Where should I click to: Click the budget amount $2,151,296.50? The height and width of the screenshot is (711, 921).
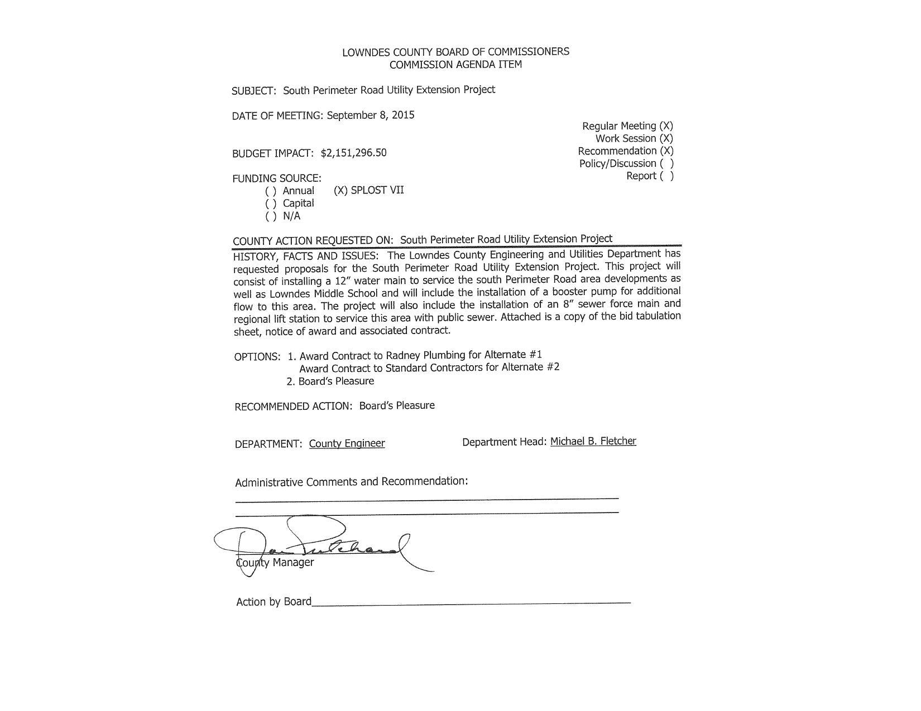(353, 153)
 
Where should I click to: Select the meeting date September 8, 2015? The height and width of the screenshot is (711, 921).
(371, 115)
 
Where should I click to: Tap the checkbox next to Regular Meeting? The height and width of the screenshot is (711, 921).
(666, 126)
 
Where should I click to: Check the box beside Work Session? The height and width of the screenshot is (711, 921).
(666, 138)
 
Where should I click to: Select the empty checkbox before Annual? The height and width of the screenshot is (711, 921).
(271, 191)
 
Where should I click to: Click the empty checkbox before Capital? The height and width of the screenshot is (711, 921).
(271, 204)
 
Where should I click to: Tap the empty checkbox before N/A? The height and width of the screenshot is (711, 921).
(271, 216)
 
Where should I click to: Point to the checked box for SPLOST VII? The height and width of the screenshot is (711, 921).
(340, 190)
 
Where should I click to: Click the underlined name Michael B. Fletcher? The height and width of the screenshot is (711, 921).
(593, 441)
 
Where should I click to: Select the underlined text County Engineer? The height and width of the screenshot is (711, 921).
(347, 443)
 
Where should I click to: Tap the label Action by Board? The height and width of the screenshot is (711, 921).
(274, 602)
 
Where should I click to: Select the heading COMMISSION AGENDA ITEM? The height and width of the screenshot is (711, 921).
(455, 64)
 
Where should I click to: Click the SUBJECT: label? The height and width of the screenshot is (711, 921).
(254, 91)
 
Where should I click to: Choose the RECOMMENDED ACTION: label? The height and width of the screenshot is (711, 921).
(294, 407)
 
